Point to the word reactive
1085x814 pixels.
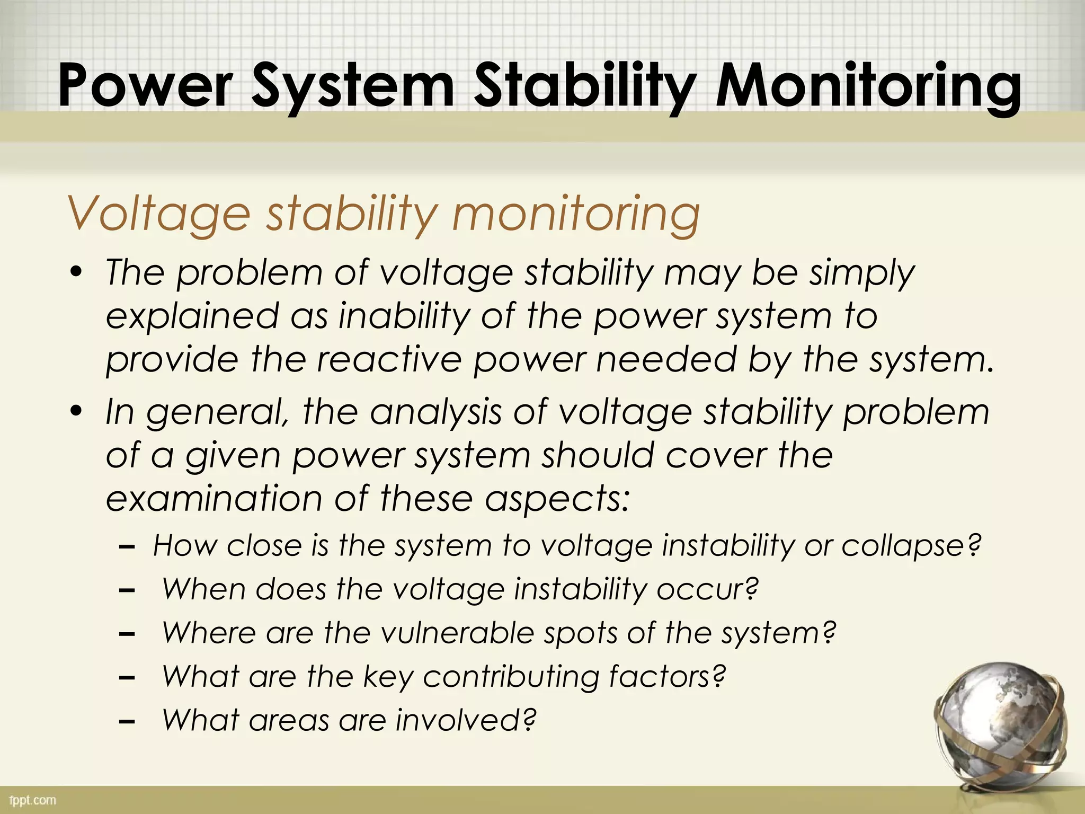click(389, 360)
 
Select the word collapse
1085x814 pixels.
click(911, 546)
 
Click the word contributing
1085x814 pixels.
click(511, 677)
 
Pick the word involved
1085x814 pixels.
click(466, 720)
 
